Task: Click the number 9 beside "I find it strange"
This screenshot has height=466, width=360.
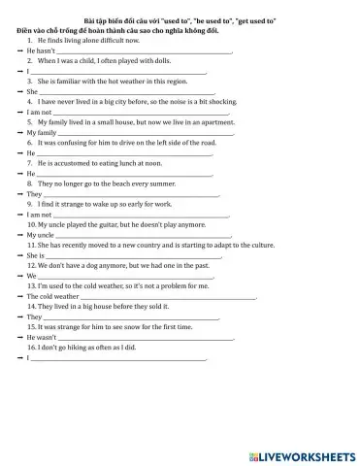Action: [30, 204]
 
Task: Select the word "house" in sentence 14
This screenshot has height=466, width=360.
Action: [112, 306]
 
